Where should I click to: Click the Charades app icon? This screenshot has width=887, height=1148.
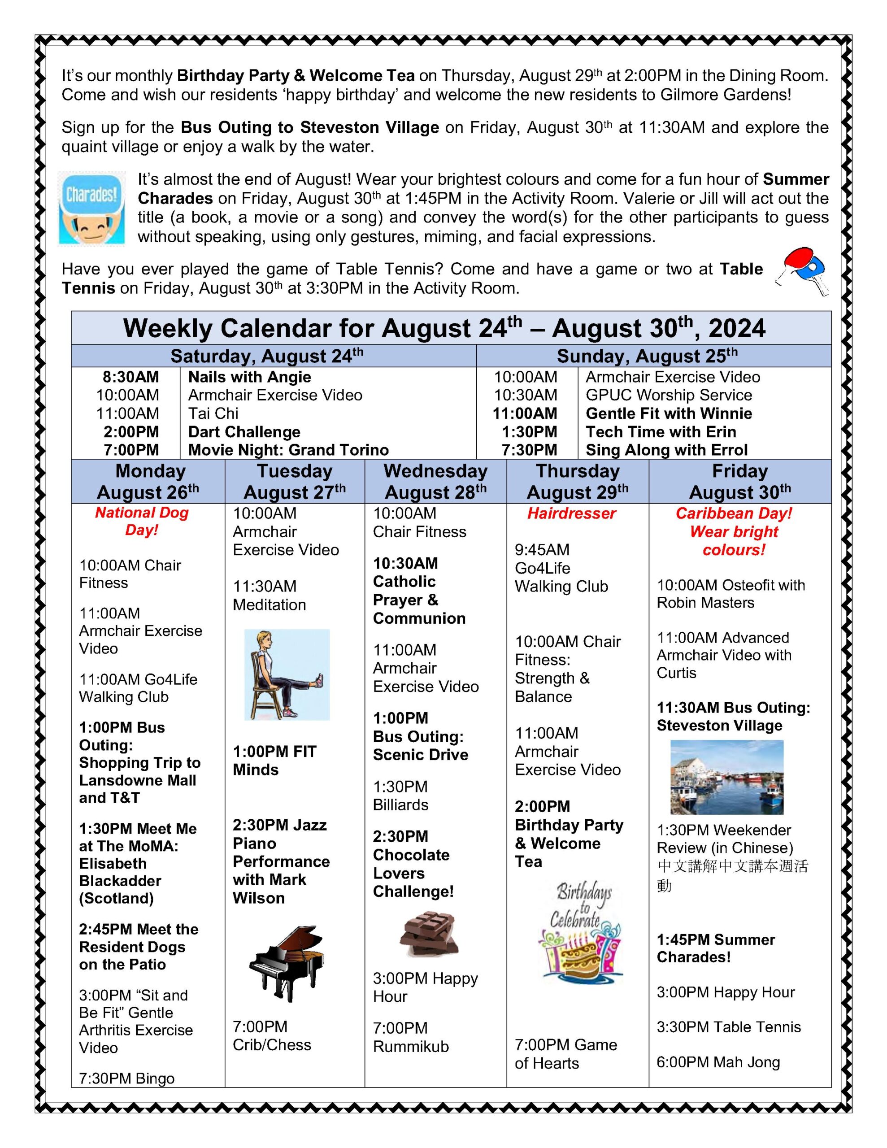[x=91, y=208]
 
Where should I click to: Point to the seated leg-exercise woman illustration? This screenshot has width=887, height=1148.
[x=287, y=674]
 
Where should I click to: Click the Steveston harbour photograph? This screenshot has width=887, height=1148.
[x=726, y=777]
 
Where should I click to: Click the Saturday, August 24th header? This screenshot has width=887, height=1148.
[x=267, y=356]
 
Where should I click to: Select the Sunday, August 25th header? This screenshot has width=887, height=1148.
[x=647, y=356]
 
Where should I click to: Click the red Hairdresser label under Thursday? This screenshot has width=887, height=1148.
[x=572, y=513]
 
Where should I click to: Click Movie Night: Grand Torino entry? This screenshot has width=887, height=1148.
[x=288, y=450]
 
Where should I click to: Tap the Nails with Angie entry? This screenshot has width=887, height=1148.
[x=249, y=377]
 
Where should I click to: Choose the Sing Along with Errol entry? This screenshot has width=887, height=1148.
[x=666, y=450]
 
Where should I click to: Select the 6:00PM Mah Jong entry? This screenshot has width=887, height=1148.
[x=717, y=1062]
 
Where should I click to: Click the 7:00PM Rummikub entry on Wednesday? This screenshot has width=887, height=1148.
[x=411, y=1037]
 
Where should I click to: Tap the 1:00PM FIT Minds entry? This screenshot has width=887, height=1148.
[x=274, y=761]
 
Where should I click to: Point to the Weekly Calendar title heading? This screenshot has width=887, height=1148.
[x=444, y=329]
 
